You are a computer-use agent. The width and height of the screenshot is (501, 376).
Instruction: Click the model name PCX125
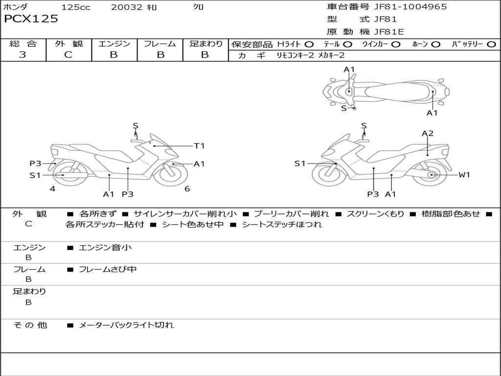[31, 19]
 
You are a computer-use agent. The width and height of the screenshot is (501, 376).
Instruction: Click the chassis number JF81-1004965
[410, 7]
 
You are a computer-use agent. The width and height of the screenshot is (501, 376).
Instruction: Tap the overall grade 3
[23, 55]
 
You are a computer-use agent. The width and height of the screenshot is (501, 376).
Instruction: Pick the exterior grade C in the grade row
[68, 55]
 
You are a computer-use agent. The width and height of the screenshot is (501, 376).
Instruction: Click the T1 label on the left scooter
[200, 146]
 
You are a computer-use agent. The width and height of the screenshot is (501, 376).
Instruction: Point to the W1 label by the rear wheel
[464, 175]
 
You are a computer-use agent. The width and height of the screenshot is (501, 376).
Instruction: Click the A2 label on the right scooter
[428, 133]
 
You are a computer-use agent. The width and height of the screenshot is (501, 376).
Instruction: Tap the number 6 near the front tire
[187, 189]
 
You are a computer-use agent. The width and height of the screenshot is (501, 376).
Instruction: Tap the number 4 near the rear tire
[52, 189]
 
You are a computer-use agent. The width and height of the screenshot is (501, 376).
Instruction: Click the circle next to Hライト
[309, 45]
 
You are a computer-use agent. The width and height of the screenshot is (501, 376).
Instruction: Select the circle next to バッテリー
[491, 45]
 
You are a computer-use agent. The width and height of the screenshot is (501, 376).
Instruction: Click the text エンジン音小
[105, 247]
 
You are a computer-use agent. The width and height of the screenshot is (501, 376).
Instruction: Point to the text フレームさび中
[108, 269]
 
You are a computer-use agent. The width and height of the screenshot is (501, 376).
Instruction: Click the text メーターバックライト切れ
[126, 325]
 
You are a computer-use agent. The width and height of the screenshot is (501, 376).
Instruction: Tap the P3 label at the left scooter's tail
[35, 164]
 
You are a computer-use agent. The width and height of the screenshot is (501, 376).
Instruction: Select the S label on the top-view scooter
[344, 108]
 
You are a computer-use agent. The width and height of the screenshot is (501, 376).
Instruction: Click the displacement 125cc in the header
[76, 7]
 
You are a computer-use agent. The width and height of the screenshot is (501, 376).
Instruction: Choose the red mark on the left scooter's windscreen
[150, 141]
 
